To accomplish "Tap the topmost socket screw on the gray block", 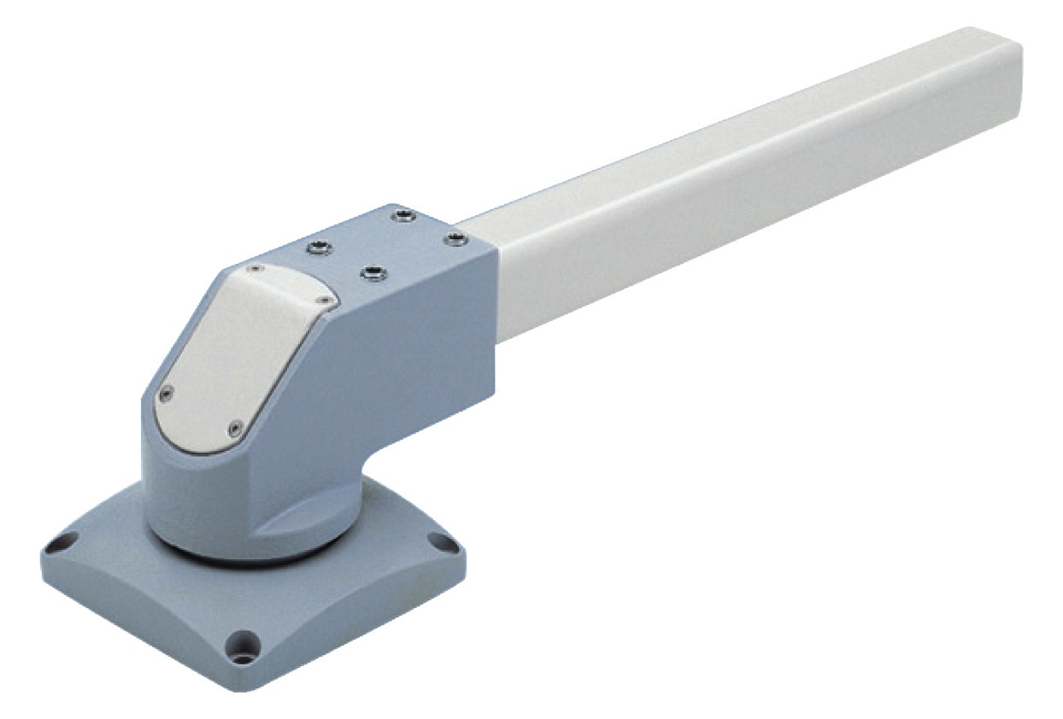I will [402, 217].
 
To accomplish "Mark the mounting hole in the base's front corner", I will [245, 641].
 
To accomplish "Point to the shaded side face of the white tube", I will [769, 222].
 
